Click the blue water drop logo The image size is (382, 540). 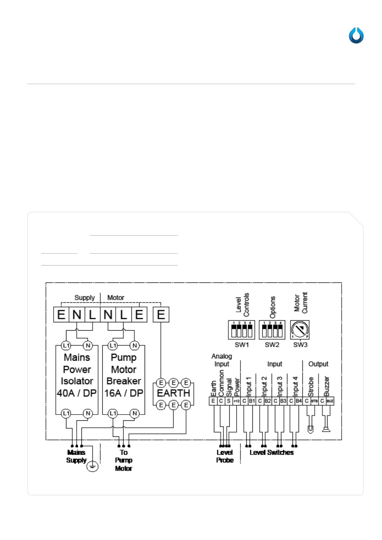356,35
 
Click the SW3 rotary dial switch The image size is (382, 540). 300,330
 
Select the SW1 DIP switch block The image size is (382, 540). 242,330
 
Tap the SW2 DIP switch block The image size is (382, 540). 272,330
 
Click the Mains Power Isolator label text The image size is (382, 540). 77,375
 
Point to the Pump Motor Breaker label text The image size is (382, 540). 124,375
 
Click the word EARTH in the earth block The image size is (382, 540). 174,393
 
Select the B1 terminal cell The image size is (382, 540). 252,401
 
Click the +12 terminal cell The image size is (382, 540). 236,401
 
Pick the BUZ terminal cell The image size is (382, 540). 330,401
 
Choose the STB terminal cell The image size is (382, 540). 314,401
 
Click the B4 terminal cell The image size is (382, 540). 299,401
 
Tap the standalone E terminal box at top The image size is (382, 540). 161,315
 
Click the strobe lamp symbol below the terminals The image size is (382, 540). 310,428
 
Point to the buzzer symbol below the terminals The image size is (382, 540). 326,428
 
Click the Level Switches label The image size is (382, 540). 272,452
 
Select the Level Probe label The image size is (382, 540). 225,456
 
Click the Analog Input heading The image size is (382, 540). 222,360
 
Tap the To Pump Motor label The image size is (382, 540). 124,460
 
